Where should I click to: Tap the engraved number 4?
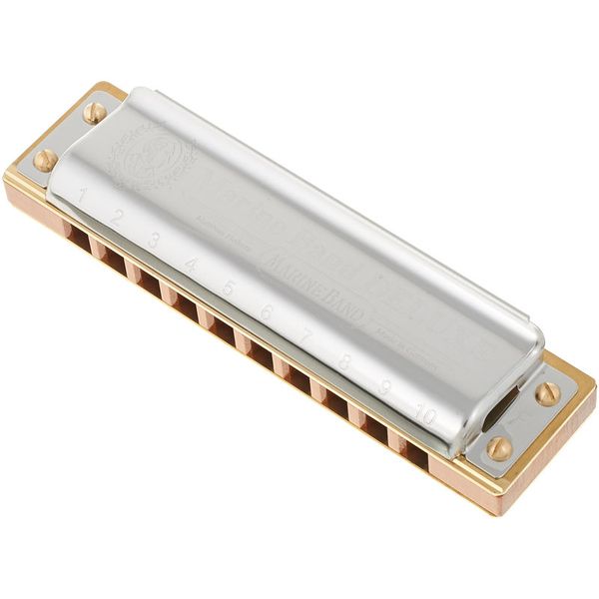pos(191,265)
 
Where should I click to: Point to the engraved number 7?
pos(306,338)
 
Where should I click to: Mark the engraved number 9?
pos(384,388)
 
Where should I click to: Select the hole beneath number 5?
pos(222,328)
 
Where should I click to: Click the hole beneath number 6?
pos(260,352)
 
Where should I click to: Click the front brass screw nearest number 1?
pos(45,159)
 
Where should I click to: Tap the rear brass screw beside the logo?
pos(95,112)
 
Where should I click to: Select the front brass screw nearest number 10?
pos(499,448)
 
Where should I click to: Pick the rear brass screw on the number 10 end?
pos(547,393)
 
